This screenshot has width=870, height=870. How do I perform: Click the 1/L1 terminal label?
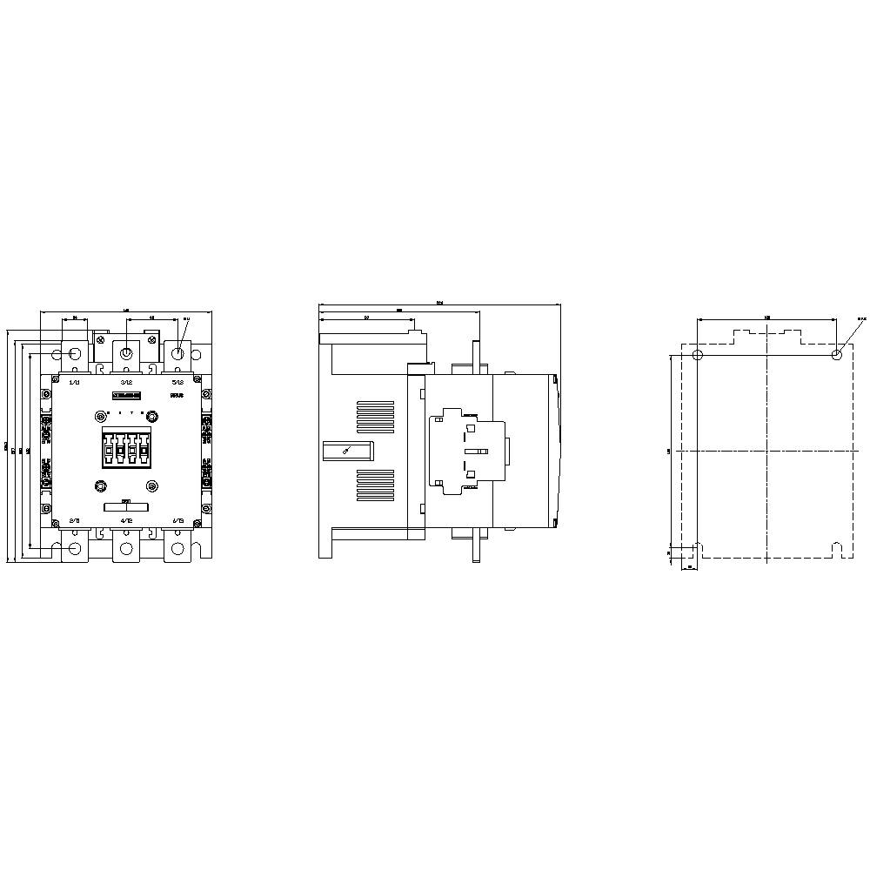tap(74, 382)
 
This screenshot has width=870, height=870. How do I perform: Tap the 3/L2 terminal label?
tap(126, 382)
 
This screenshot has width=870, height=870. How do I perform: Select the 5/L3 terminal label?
tap(177, 382)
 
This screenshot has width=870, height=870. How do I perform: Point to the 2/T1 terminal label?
tap(74, 520)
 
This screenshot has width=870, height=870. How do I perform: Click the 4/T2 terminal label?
tap(126, 520)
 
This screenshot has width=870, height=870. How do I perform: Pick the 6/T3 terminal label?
tap(177, 520)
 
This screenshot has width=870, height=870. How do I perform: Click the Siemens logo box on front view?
tap(127, 396)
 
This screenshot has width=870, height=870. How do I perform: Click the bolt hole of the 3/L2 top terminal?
tap(126, 353)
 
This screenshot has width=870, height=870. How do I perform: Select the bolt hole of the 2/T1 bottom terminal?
tap(74, 548)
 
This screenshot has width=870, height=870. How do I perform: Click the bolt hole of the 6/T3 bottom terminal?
tap(177, 548)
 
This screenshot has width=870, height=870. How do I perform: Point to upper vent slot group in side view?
tap(375, 416)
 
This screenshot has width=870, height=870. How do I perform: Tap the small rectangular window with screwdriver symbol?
tap(347, 450)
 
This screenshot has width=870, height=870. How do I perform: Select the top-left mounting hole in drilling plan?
tap(698, 355)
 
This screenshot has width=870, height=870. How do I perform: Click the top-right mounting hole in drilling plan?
tap(836, 355)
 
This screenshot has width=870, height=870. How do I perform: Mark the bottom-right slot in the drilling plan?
tap(836, 550)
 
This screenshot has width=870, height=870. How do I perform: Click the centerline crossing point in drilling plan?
tap(766, 451)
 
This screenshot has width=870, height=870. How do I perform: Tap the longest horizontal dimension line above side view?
tap(439, 305)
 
